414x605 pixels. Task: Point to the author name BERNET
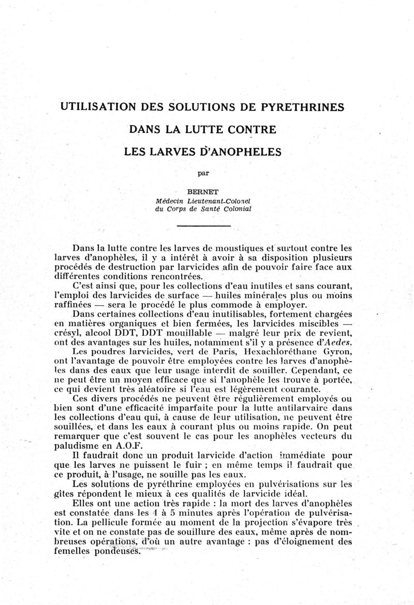pos(203,190)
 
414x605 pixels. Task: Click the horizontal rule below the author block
pos(203,226)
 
